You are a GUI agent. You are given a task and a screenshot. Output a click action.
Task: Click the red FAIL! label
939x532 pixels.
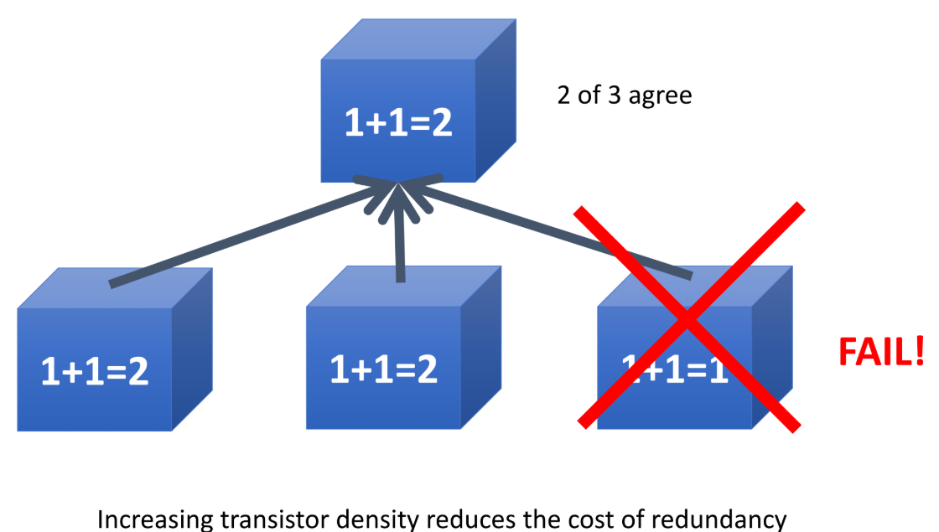click(x=881, y=352)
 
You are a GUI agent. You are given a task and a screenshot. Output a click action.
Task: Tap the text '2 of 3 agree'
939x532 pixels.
click(x=625, y=95)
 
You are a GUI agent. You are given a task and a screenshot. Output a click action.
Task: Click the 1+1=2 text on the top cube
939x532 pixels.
click(x=398, y=122)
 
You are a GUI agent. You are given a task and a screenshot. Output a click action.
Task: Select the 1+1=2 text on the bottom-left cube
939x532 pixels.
click(x=95, y=371)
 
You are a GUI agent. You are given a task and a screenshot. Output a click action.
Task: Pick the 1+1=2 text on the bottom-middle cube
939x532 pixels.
click(x=383, y=369)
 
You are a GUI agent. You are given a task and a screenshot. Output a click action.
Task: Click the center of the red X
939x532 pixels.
click(x=687, y=318)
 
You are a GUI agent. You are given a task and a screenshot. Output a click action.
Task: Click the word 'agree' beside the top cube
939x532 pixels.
click(x=660, y=96)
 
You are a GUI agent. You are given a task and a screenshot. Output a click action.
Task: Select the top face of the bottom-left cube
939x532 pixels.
click(x=113, y=287)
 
